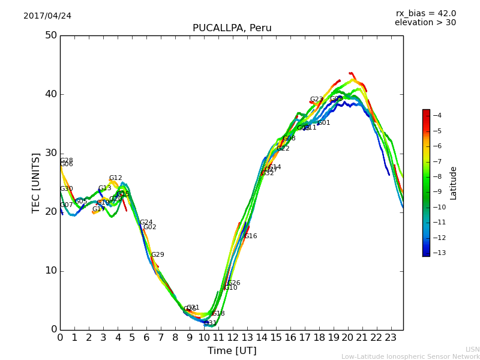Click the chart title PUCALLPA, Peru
tap(232, 28)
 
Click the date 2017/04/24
tap(47, 16)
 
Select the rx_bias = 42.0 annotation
tap(425, 13)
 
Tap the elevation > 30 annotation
tap(425, 23)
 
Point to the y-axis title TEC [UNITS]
tap(36, 182)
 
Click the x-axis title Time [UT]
tap(232, 351)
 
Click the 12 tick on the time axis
tap(232, 337)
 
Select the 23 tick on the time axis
tap(391, 337)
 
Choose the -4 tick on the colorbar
tap(437, 115)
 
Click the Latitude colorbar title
tap(454, 183)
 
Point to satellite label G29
tap(157, 255)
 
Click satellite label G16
tap(250, 236)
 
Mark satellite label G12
tap(115, 178)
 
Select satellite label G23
tap(316, 100)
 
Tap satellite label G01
tap(323, 123)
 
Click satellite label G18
tap(218, 314)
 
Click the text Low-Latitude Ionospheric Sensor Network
tap(410, 357)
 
